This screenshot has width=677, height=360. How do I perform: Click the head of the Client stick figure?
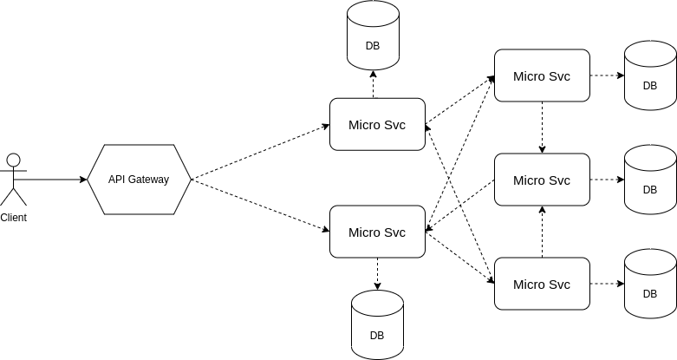click(13, 160)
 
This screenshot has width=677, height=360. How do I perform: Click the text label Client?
click(13, 218)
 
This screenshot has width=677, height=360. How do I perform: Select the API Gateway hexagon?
click(139, 180)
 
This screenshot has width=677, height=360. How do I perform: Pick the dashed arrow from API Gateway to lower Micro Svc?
click(260, 206)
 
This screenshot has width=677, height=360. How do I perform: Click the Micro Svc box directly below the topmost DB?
click(378, 124)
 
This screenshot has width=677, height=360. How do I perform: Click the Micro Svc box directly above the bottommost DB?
click(378, 232)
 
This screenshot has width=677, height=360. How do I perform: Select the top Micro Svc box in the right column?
click(542, 75)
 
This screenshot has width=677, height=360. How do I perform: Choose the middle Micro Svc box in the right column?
click(542, 180)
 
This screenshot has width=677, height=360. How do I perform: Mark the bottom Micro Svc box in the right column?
click(542, 284)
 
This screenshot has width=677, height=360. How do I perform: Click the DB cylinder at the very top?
click(374, 36)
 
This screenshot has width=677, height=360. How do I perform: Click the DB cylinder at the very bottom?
click(377, 325)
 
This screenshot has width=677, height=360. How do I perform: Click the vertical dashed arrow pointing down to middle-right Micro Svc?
click(542, 128)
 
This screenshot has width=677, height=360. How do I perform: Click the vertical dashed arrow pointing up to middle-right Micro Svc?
click(542, 232)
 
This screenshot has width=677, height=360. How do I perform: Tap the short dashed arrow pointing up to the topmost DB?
click(374, 85)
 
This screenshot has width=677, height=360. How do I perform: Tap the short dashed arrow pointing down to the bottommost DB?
click(377, 274)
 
